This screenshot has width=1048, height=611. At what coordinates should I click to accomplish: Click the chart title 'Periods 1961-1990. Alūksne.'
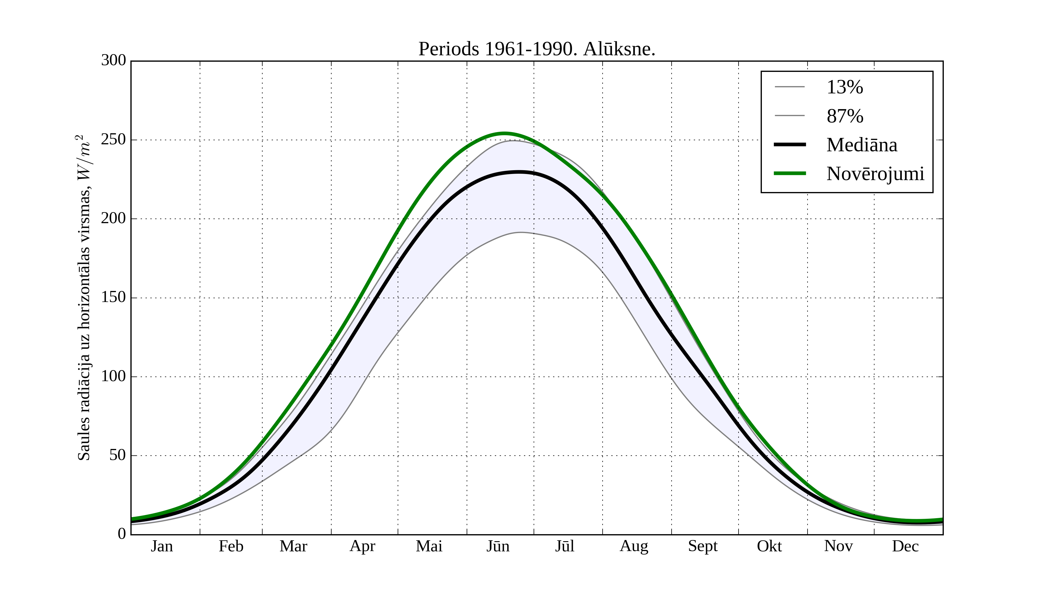coord(537,49)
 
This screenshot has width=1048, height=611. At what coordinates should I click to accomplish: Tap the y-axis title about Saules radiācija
coord(84,298)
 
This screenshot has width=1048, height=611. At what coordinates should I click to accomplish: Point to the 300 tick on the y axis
coord(113,61)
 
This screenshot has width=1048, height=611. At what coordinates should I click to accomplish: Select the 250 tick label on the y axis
coord(113,140)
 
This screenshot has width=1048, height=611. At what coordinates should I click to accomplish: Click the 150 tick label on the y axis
coord(113,298)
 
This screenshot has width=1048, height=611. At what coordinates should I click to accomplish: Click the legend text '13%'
coord(845,87)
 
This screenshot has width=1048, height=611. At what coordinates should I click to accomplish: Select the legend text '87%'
coord(845,116)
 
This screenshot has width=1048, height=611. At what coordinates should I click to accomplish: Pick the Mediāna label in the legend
coord(862,145)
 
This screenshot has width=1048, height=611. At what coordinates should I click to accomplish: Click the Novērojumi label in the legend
coord(875,174)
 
